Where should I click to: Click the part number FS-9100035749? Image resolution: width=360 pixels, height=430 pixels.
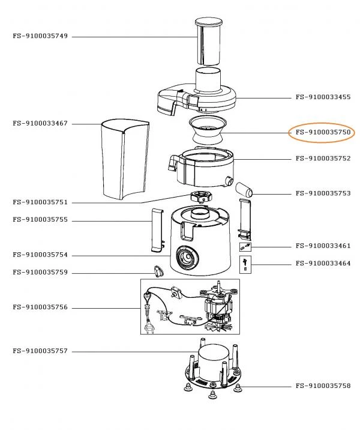tap(40, 36)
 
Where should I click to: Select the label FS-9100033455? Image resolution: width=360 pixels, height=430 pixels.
tap(323, 97)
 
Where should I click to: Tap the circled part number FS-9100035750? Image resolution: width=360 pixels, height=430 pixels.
tap(323, 133)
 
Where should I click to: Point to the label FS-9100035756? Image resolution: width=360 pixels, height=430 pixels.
tap(40, 307)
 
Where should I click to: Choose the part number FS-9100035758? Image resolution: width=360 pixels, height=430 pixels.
tap(323, 386)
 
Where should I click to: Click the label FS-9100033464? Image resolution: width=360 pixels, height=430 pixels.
tap(323, 264)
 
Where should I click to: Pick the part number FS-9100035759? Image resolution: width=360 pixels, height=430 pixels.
tap(40, 273)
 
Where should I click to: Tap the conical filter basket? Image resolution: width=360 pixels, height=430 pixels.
tap(208, 130)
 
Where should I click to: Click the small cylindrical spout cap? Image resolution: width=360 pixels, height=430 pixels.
tap(244, 190)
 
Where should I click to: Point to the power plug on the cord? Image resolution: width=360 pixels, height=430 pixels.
tap(149, 328)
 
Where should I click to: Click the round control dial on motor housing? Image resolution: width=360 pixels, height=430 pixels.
tap(187, 258)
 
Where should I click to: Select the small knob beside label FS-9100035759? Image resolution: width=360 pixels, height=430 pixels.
tap(158, 271)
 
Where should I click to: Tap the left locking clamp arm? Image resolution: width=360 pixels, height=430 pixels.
tap(158, 230)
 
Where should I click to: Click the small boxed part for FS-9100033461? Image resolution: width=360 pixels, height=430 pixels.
tap(245, 247)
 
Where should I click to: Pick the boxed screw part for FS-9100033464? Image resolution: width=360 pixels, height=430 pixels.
tap(245, 265)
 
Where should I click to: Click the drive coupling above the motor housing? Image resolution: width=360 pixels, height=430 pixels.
tap(202, 197)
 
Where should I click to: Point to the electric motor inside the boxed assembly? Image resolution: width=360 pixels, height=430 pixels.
tap(218, 306)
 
